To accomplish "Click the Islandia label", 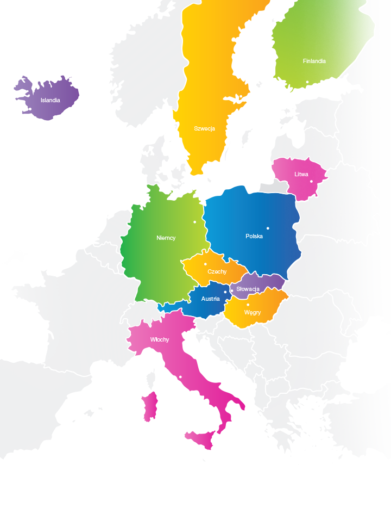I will [50, 100].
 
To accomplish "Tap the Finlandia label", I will [314, 61].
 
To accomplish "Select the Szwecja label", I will [204, 129].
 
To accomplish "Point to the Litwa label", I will [301, 175].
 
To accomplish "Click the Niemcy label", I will [166, 238].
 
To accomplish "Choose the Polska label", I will [254, 236].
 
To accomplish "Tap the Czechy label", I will [217, 271].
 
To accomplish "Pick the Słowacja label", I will [248, 289].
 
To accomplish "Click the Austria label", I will [210, 299].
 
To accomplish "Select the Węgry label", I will [253, 313].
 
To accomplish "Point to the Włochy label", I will [160, 340].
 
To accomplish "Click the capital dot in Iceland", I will [30, 109].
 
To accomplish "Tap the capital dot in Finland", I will [307, 82].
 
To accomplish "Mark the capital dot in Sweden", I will [241, 97].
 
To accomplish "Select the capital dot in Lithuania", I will [311, 181].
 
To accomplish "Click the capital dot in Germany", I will [195, 222].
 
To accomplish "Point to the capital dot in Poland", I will [268, 228].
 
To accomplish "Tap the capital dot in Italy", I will [180, 378].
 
